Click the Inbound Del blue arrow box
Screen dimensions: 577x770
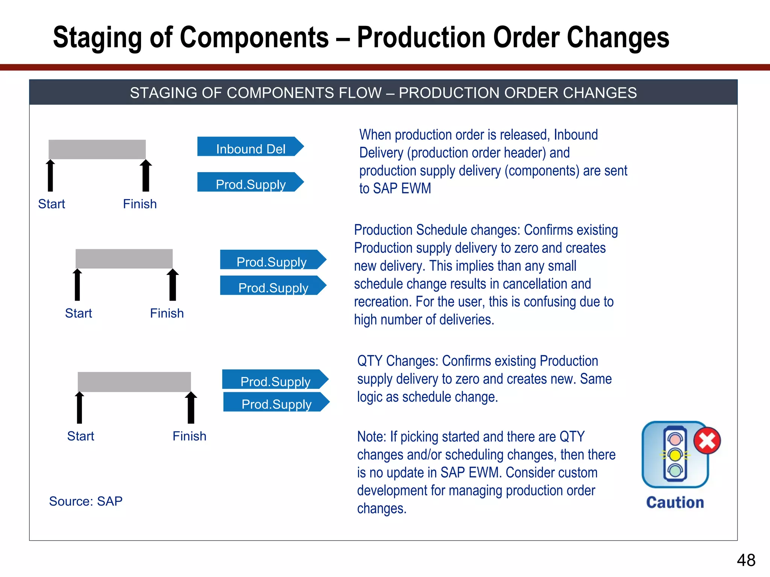[250, 147]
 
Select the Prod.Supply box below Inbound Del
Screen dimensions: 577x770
[250, 183]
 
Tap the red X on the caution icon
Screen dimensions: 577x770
[707, 441]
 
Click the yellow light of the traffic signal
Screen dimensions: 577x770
[675, 455]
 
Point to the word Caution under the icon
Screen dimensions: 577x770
[675, 503]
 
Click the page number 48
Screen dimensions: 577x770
[746, 560]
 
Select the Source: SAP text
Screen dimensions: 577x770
[86, 501]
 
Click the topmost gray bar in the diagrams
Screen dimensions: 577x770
[97, 150]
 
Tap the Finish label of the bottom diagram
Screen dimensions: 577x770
[189, 436]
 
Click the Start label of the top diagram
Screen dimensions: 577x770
[52, 204]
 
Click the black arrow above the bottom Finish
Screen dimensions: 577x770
[191, 408]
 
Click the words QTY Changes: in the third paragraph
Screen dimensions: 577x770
[397, 361]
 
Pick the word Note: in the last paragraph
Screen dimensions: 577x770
[371, 437]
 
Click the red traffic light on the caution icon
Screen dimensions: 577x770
[675, 439]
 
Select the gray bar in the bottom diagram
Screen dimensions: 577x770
[134, 382]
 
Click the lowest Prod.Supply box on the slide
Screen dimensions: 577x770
[276, 402]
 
